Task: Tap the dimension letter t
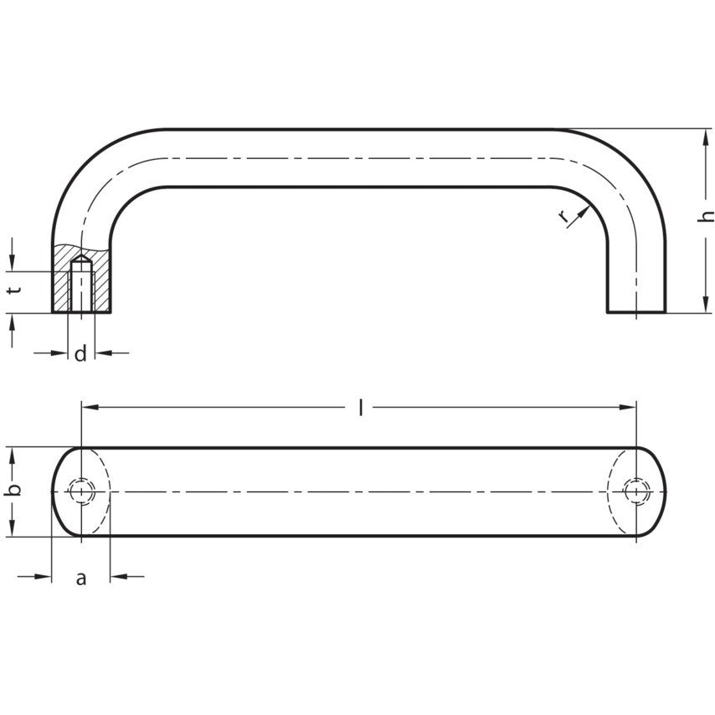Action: coord(15,290)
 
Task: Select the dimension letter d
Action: coord(80,353)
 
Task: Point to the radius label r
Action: coord(564,217)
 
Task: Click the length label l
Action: coord(361,407)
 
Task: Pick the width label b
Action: coord(15,489)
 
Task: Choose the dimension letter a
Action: coord(80,579)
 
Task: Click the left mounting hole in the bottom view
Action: coord(81,491)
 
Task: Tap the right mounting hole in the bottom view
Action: coord(636,491)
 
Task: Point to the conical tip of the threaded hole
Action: coord(81,259)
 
